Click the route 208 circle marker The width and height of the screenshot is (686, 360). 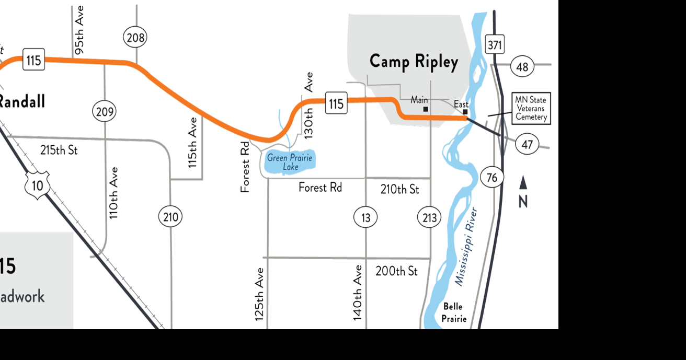135,38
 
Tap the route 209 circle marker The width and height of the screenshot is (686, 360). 104,111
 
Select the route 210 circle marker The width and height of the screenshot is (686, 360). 170,217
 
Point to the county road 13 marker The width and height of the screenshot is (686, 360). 365,217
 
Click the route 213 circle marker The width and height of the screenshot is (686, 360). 429,217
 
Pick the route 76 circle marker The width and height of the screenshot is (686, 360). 491,178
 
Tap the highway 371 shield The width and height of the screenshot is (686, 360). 494,45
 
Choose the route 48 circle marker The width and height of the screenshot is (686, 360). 522,67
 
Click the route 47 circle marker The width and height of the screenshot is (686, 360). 527,144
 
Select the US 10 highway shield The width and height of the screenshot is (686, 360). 37,186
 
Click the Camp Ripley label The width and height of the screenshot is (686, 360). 414,62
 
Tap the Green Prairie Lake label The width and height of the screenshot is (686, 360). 290,162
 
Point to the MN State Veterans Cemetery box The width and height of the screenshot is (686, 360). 530,109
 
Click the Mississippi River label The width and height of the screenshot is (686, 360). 466,246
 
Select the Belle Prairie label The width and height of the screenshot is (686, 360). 453,312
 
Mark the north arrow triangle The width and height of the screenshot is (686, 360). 523,183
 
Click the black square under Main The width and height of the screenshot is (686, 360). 426,109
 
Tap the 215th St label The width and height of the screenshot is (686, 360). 59,150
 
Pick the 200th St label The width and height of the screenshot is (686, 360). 396,271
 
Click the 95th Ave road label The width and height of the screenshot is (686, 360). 79,30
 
